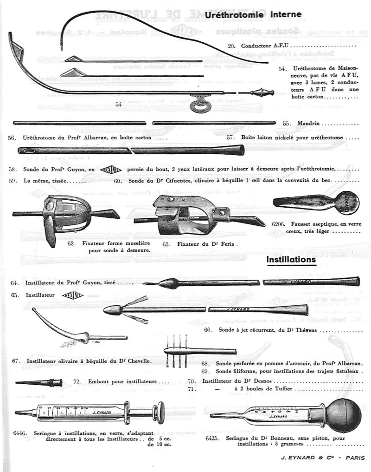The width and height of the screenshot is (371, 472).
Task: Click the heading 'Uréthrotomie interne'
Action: [253, 15]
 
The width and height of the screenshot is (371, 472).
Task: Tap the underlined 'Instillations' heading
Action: [291, 259]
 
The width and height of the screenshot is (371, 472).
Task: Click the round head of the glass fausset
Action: [347, 203]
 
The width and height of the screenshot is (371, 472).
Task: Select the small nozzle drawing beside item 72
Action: [39, 383]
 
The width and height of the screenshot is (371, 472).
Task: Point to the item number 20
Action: [232, 46]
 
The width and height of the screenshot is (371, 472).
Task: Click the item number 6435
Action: [213, 438]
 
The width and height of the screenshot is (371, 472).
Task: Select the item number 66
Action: [208, 329]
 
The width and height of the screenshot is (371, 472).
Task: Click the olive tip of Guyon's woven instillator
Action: [169, 283]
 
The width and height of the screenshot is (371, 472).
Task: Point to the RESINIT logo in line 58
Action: [110, 169]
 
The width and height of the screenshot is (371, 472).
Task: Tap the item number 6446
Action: [20, 433]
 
